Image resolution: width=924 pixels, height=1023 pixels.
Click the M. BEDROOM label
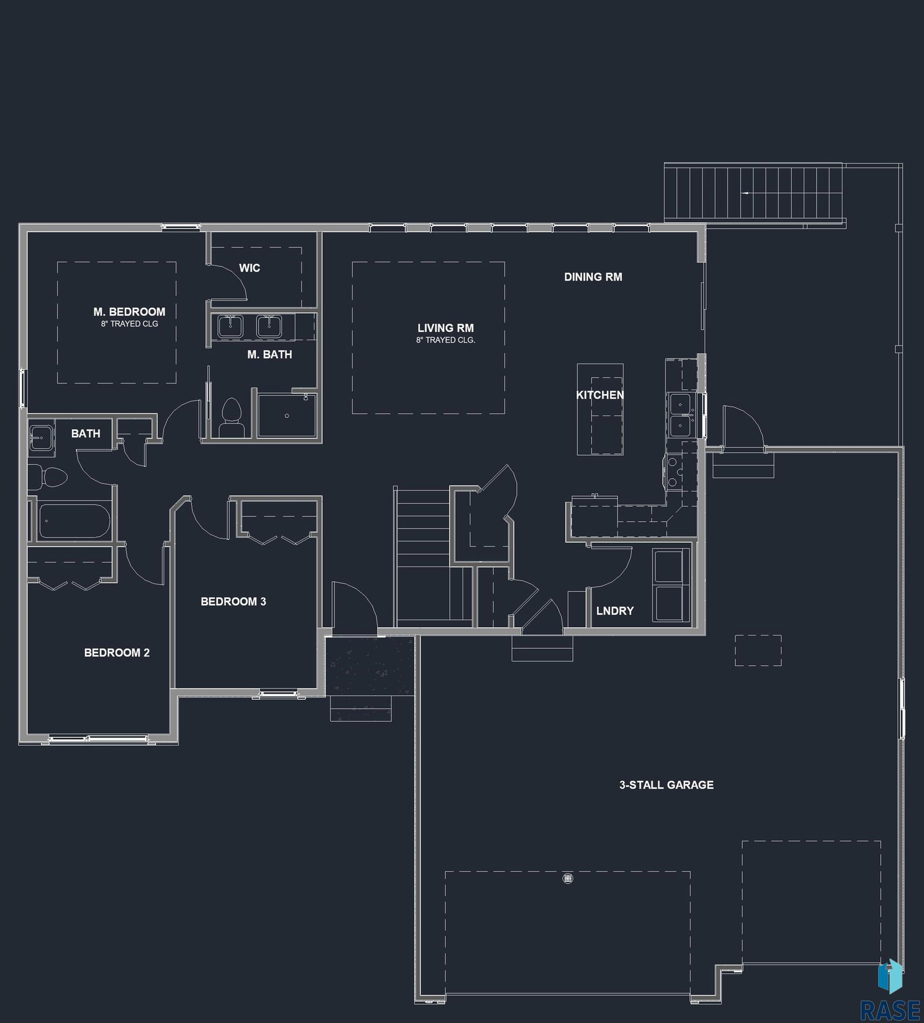coord(129,312)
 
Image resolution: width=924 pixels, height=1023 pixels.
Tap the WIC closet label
coord(249,268)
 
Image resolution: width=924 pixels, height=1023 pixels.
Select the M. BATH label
coord(270,354)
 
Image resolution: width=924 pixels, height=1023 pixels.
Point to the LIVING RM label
coord(445,328)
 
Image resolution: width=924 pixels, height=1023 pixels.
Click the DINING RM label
coord(593,277)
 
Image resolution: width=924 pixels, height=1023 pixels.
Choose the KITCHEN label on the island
coord(600,395)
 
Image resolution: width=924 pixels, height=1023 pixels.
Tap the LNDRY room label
coord(615,610)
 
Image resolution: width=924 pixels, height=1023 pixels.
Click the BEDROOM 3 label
coord(233,601)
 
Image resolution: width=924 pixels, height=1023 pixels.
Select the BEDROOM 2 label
coord(117,653)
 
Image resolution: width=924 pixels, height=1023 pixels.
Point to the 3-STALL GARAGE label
coord(666,785)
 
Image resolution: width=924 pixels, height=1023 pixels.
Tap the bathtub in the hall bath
coord(73,522)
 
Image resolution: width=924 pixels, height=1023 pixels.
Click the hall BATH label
coord(85,433)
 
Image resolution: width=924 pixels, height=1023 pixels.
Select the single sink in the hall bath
coord(41,438)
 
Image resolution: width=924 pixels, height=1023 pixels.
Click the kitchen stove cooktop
coord(674,473)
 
